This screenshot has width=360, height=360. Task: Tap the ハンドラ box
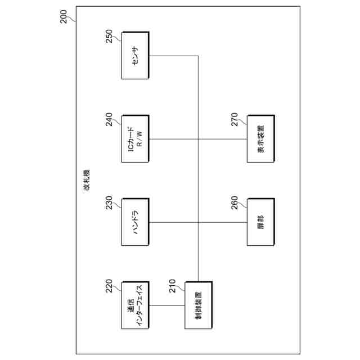pos(135,222)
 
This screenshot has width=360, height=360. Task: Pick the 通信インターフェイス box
pos(135,305)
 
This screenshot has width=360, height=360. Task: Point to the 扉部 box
pos(261,222)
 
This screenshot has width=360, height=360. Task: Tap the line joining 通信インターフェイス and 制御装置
pos(166,305)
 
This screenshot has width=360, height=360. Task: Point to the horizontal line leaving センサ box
pos(174,56)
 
